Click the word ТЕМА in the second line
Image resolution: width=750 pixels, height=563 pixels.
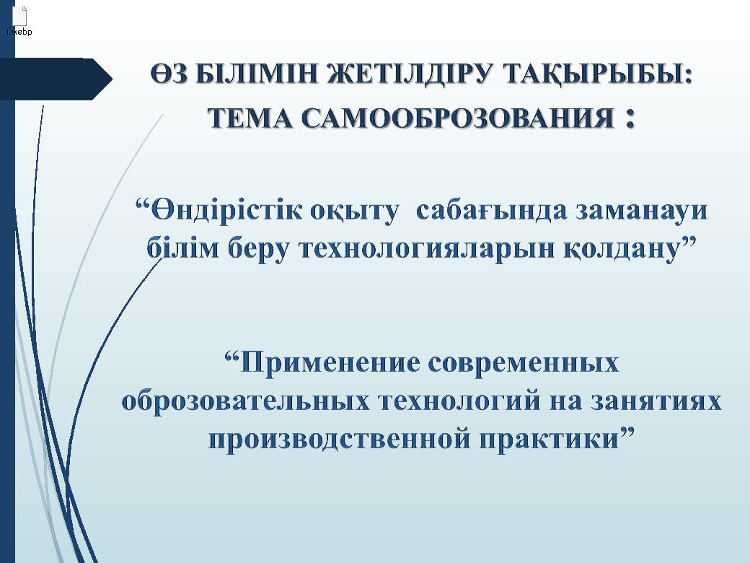(x=249, y=118)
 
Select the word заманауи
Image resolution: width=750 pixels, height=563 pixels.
(x=641, y=211)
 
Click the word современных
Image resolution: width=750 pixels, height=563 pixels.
(x=525, y=362)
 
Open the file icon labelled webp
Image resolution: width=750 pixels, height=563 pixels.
(x=19, y=17)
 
